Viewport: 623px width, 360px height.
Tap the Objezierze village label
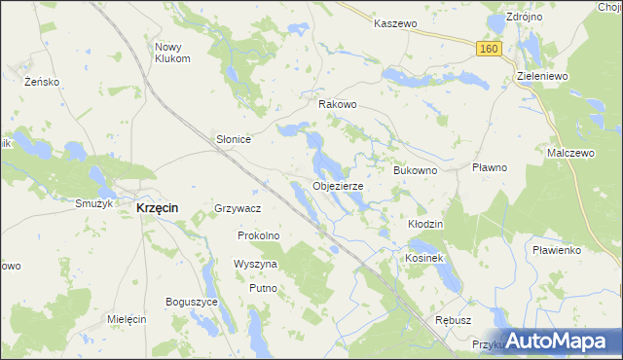[339, 185]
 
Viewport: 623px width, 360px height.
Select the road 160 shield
[489, 48]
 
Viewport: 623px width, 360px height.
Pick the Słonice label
[234, 139]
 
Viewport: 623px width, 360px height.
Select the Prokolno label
[259, 235]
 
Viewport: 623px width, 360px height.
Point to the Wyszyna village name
[255, 264]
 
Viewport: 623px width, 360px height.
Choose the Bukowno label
[416, 170]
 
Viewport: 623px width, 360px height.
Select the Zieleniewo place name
[540, 75]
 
